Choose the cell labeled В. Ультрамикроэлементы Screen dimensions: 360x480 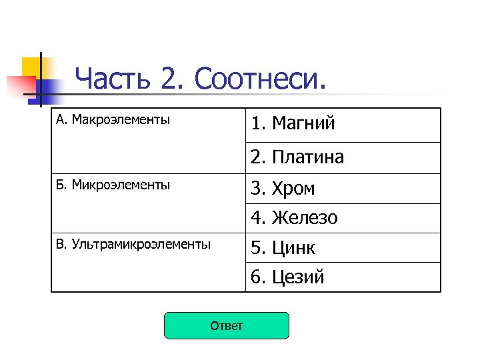click(133, 244)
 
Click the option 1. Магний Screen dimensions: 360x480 click(293, 123)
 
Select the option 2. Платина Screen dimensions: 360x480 click(297, 157)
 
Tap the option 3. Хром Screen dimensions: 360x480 click(283, 189)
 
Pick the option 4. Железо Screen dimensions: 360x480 click(294, 218)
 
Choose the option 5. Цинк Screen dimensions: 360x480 click(283, 248)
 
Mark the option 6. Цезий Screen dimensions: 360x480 click(287, 277)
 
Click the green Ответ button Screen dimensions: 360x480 click(227, 326)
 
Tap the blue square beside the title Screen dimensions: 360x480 click(47, 91)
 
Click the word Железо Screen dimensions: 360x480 click(305, 218)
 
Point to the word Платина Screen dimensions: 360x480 click(308, 157)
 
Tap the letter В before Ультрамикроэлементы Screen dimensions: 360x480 click(59, 244)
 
